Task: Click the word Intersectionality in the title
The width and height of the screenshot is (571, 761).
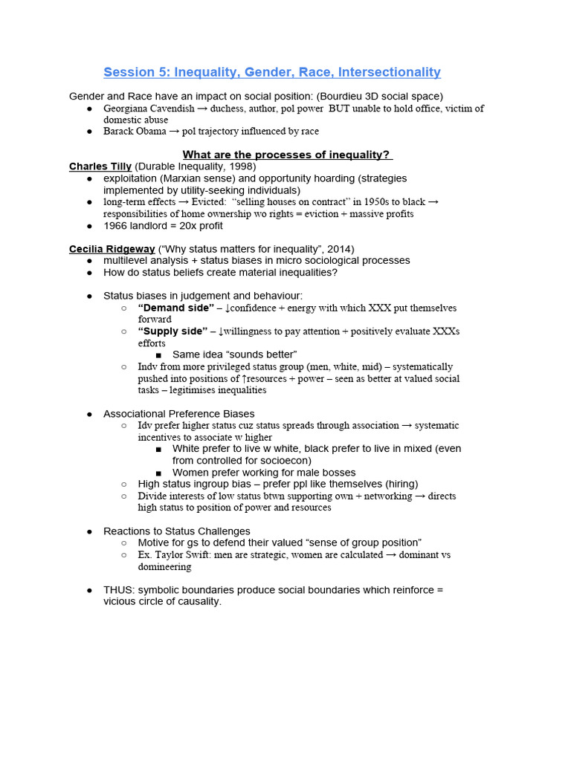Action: click(x=389, y=72)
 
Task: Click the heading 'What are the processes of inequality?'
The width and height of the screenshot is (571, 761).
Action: click(x=288, y=155)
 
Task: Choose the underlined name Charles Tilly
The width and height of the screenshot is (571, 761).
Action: click(x=100, y=166)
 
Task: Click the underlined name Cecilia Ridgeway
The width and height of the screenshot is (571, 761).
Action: click(x=112, y=249)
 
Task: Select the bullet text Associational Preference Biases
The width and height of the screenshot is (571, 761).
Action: click(x=178, y=414)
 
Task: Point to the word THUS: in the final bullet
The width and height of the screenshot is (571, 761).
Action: click(x=119, y=590)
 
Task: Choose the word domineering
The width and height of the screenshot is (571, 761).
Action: click(x=164, y=567)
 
